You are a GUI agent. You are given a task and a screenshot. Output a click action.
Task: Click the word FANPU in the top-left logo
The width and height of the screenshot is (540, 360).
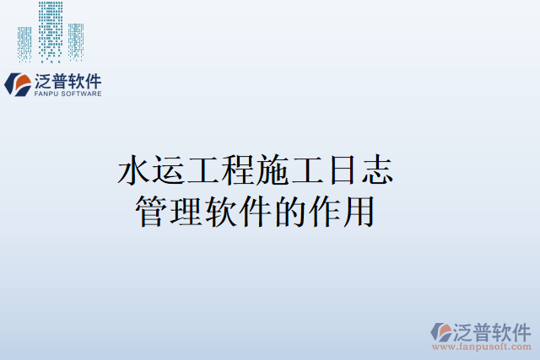(47, 94)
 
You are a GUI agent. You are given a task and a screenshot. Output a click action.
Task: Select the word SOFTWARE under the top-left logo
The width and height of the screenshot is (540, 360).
(82, 94)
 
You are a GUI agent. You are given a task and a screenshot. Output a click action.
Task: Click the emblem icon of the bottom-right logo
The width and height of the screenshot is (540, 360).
(441, 331)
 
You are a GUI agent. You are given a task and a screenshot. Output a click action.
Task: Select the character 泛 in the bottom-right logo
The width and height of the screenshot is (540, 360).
(466, 330)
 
